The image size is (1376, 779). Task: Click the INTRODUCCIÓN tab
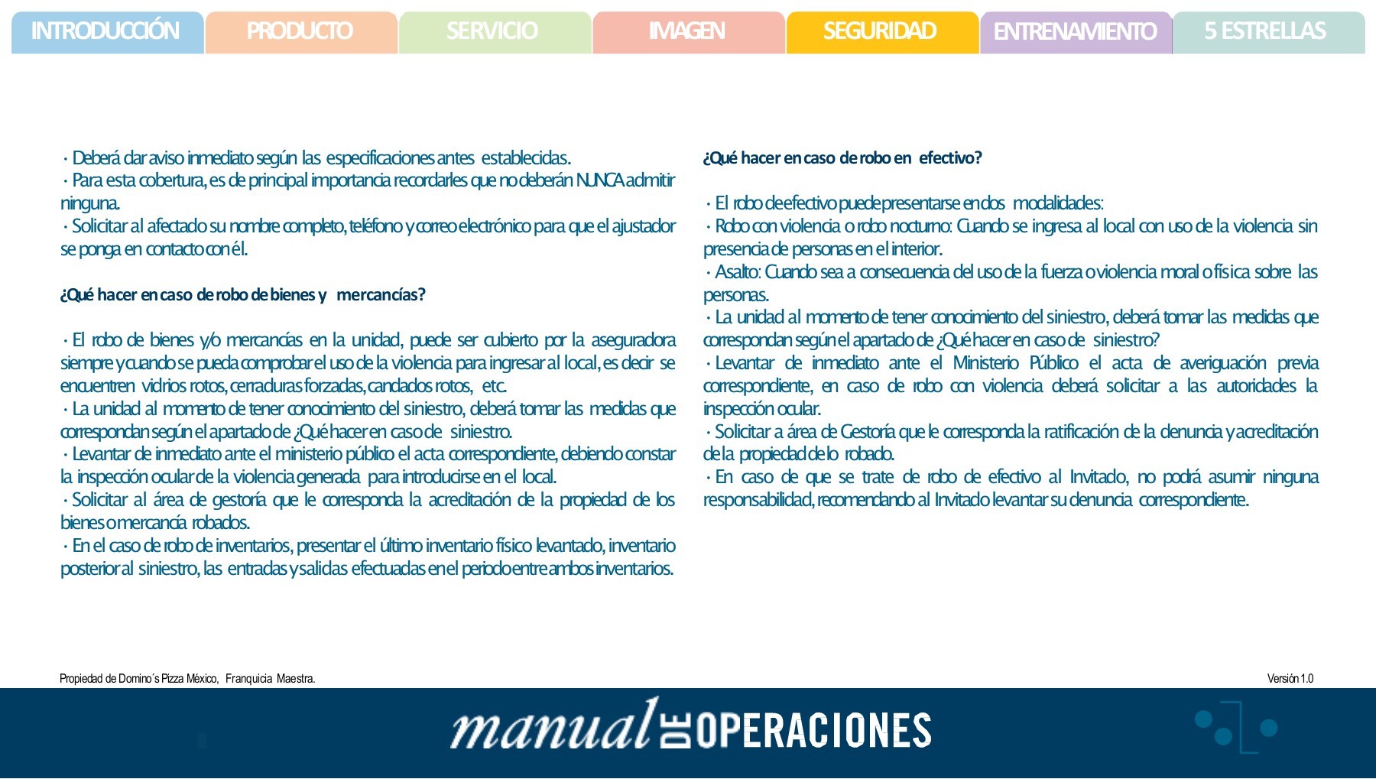(106, 31)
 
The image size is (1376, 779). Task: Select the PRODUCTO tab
(300, 31)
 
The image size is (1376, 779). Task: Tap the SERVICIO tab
(493, 31)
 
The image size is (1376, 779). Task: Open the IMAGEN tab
(687, 31)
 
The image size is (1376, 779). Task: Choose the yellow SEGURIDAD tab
(881, 31)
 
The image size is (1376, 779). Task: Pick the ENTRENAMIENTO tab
(1075, 31)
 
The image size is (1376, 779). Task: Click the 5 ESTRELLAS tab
(1266, 31)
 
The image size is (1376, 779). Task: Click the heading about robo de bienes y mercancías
(242, 295)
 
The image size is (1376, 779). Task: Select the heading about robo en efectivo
(842, 158)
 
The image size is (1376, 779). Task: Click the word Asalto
(736, 272)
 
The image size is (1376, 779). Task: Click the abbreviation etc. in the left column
(494, 386)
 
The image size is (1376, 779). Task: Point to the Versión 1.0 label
(1290, 679)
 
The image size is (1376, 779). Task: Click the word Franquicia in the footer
(248, 679)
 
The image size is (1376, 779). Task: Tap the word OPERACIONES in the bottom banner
(813, 731)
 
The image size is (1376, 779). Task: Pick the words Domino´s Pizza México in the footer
(167, 679)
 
